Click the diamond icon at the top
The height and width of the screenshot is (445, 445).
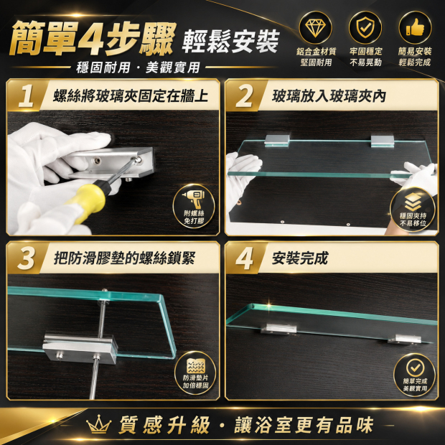click(315, 28)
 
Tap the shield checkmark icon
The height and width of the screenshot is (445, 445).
click(365, 27)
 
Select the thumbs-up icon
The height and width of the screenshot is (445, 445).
click(415, 27)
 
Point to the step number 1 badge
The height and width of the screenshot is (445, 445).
click(27, 96)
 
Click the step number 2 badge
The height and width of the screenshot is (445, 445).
click(245, 96)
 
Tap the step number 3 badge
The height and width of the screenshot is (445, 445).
click(26, 258)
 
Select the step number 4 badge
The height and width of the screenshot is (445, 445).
click(244, 258)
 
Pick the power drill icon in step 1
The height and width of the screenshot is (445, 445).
click(194, 199)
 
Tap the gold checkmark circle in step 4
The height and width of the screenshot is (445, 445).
click(415, 367)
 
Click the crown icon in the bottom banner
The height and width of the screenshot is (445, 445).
click(98, 425)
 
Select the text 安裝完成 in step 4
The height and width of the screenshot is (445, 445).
click(300, 258)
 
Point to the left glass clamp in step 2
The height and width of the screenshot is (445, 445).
click(277, 141)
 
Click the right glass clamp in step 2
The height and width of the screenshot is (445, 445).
click(383, 141)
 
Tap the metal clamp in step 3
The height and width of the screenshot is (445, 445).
click(80, 349)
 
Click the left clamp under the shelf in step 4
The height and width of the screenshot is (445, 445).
click(278, 329)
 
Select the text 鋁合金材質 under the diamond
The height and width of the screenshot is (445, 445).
click(316, 52)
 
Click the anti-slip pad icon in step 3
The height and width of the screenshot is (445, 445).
click(195, 366)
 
